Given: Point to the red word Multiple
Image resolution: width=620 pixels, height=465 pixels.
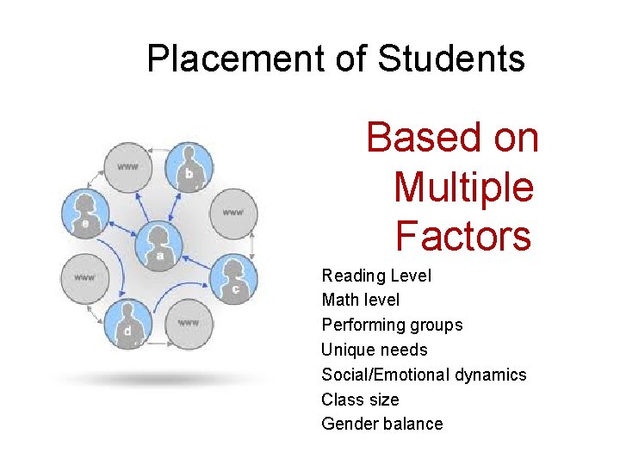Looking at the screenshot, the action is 463,187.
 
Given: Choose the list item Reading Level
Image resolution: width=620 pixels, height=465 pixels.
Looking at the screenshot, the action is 376,276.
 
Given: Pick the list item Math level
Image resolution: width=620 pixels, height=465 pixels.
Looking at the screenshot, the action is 360,300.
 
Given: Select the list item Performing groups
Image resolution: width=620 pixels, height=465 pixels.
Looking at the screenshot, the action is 392,325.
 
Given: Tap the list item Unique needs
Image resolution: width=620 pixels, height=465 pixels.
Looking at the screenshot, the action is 374,350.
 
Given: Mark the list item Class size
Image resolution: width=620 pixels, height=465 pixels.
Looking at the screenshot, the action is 360,400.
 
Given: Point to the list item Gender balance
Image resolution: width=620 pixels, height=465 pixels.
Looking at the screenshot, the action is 381,424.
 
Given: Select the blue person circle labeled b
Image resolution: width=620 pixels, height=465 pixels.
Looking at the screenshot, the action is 189,166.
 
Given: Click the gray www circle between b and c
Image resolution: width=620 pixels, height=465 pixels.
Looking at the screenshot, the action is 233,212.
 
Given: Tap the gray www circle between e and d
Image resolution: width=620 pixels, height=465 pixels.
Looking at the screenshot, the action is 84,276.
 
